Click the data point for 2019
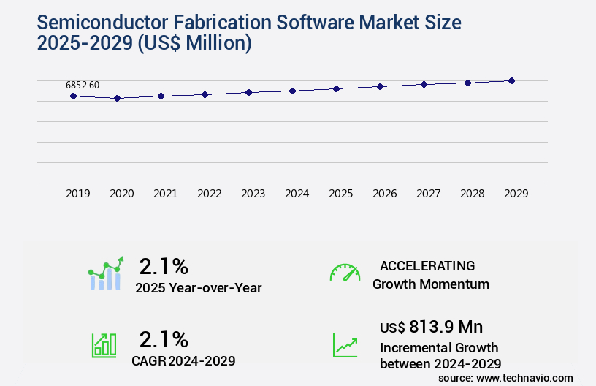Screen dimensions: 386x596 point(73,96)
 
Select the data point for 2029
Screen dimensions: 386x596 point(511,80)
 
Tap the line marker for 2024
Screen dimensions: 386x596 point(292,91)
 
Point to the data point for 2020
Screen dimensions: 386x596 point(117,98)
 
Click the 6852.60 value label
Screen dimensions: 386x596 point(83,85)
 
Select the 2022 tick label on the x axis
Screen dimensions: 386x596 point(209,194)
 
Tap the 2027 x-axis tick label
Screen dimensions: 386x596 point(428,194)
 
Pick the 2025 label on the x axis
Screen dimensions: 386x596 point(340,194)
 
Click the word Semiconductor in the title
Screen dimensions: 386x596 point(98,23)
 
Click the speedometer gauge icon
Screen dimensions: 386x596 point(345,273)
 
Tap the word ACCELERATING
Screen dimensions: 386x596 point(427,266)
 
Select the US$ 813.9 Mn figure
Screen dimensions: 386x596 point(431,327)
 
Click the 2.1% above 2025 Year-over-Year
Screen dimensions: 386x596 point(164,266)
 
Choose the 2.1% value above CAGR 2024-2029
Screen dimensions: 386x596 point(164,339)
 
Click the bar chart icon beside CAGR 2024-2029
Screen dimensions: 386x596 point(104,345)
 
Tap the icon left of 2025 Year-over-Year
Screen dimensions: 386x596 point(105,273)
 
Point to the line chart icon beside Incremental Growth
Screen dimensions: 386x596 point(345,345)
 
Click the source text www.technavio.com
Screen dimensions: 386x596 point(525,377)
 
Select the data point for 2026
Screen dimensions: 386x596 point(380,86)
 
